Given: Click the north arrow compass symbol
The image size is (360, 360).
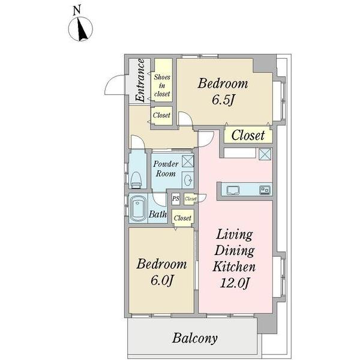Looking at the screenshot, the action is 80,29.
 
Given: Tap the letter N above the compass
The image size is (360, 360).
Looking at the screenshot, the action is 77,11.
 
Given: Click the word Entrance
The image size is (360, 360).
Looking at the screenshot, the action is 140,80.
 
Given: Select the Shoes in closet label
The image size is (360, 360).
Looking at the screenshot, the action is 162,85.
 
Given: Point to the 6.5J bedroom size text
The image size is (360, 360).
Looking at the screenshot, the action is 223,100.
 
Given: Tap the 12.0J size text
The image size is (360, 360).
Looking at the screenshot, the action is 235,283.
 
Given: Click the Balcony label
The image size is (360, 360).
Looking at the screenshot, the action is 195,338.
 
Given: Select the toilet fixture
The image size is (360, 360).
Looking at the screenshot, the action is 136,179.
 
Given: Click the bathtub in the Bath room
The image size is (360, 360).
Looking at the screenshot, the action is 138,209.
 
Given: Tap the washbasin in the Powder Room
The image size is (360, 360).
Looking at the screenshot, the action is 188,181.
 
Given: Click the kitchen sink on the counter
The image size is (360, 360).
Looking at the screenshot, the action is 233,190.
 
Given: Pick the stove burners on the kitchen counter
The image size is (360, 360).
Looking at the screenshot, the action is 265,190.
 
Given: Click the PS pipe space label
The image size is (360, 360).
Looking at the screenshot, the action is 176,199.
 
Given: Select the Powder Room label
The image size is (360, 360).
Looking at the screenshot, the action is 166,169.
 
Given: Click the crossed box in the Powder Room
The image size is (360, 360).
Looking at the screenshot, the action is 188,161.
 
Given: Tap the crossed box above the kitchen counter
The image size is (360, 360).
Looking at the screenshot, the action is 265,154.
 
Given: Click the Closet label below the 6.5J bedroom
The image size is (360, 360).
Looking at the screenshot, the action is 248,135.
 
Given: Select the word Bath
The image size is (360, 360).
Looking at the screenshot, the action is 158,214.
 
